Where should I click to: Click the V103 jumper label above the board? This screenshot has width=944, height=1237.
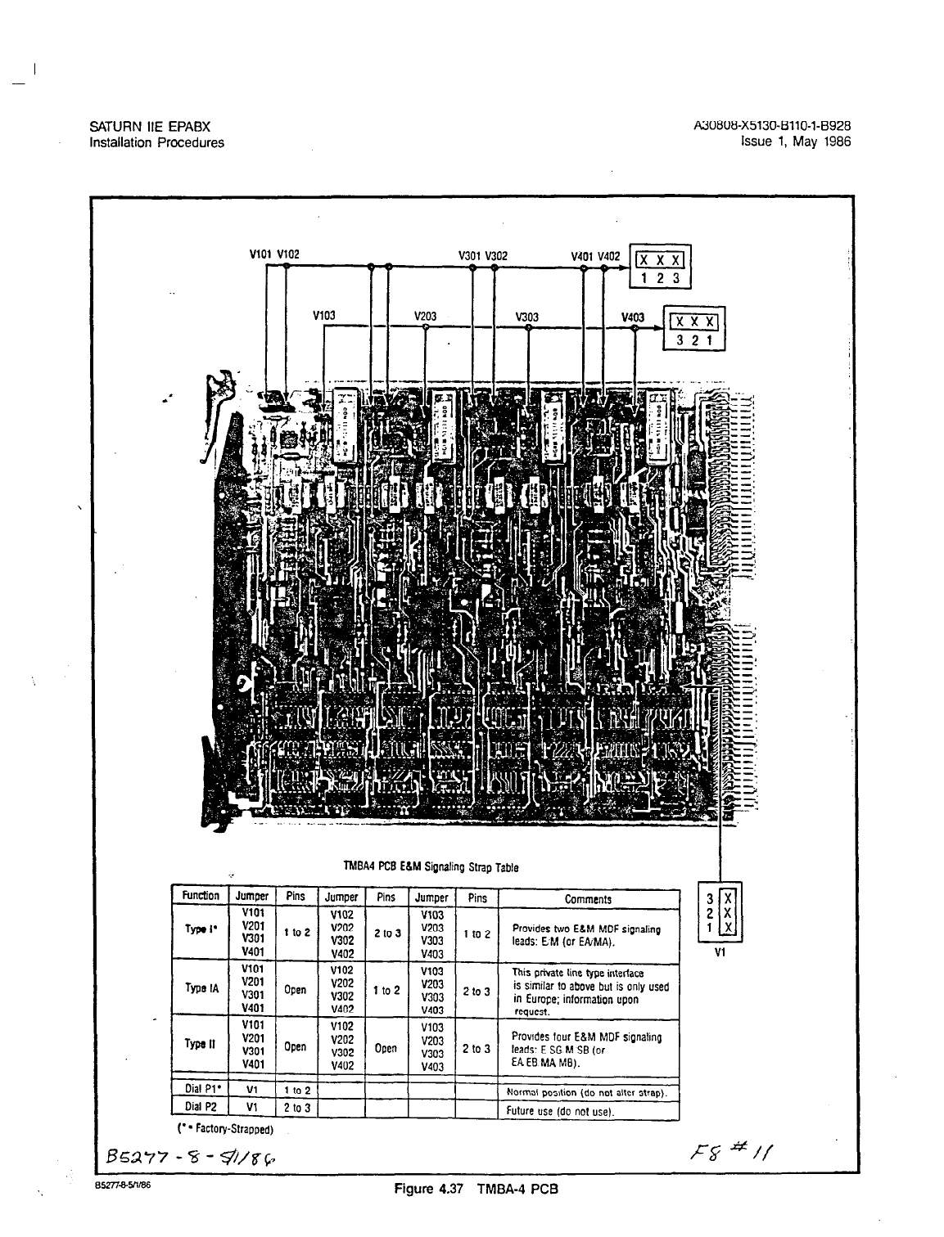pyautogui.click(x=324, y=315)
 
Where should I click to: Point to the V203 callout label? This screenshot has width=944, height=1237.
pyautogui.click(x=425, y=315)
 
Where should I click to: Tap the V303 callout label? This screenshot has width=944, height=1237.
pyautogui.click(x=526, y=315)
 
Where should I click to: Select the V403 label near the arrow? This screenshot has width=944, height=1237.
pyautogui.click(x=633, y=317)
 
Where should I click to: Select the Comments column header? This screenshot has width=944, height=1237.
pyautogui.click(x=588, y=899)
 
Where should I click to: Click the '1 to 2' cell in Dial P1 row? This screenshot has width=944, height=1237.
pyautogui.click(x=296, y=1091)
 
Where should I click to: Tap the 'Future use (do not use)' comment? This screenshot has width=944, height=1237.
pyautogui.click(x=560, y=1110)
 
